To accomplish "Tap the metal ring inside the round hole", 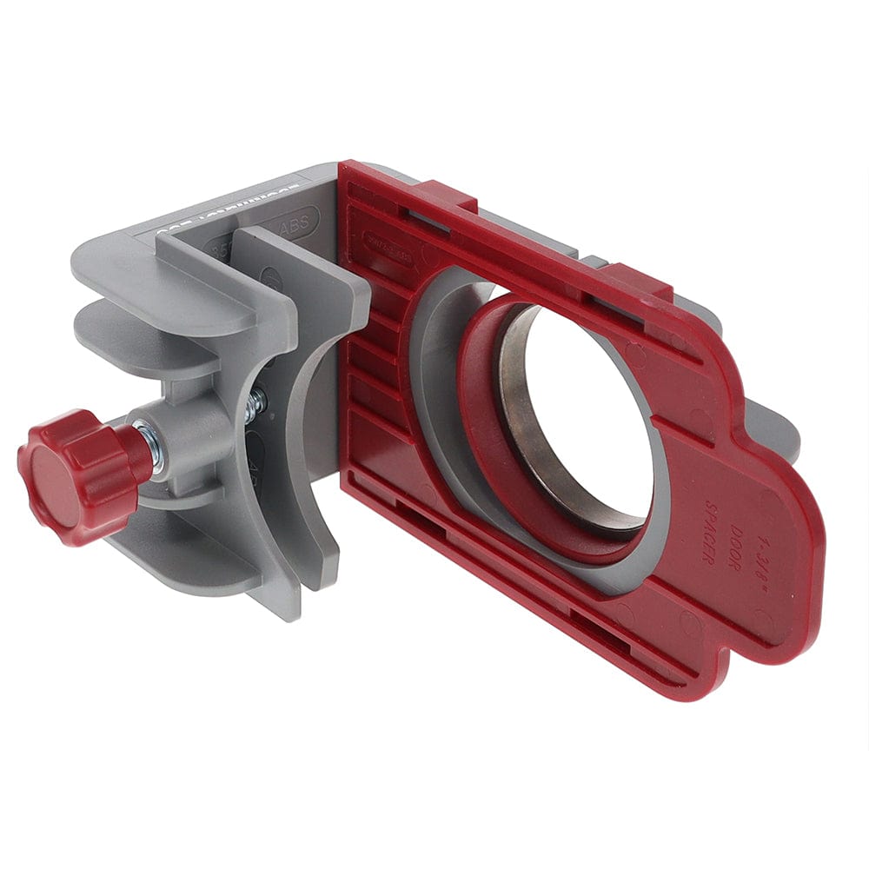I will [521, 408].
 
